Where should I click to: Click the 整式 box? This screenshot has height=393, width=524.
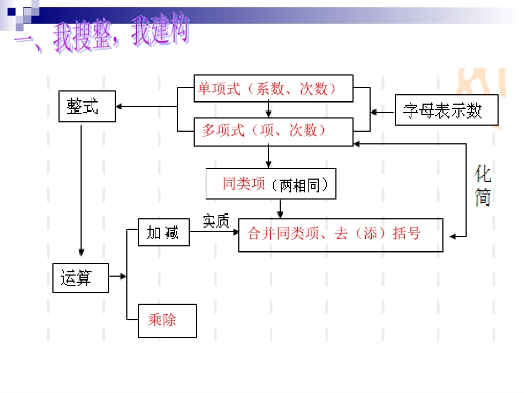tap(87, 106)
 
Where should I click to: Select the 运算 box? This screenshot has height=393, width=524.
tap(80, 278)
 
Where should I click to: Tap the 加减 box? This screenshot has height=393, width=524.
tap(163, 233)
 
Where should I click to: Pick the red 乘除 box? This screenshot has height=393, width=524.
tap(167, 320)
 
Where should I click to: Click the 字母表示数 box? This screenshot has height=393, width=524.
tap(446, 110)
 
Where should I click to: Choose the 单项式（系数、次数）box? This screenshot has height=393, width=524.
tap(273, 89)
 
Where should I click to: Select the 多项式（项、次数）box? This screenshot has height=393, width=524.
tap(273, 132)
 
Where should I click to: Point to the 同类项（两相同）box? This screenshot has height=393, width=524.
tap(271, 184)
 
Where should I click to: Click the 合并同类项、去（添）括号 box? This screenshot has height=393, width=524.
tap(340, 235)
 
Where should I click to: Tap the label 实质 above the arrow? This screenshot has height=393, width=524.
tap(216, 220)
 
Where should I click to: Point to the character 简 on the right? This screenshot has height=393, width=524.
tap(483, 198)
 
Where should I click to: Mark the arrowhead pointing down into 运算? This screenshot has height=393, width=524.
tap(81, 254)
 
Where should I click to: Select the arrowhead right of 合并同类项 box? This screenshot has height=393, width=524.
tap(453, 237)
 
